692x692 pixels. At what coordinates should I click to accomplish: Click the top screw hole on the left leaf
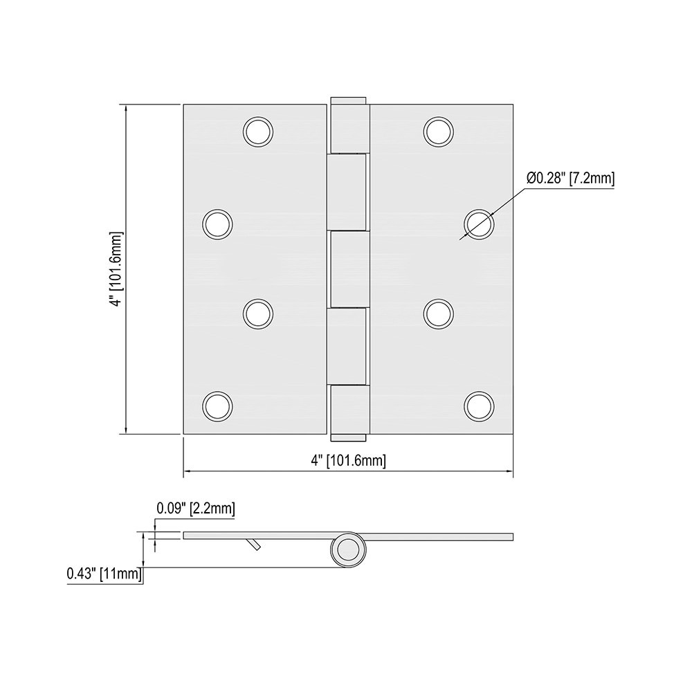tap(258, 131)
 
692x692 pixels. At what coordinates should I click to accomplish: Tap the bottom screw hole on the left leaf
tap(217, 406)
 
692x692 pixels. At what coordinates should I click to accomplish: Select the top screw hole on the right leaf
tap(439, 131)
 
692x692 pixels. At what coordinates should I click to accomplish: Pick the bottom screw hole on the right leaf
tap(479, 406)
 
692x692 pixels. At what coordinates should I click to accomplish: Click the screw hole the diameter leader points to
tap(479, 224)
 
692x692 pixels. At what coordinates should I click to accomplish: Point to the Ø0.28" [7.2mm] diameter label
tap(570, 179)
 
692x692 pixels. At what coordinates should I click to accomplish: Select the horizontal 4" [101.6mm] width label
tap(348, 460)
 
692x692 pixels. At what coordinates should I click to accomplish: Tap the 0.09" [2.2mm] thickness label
tap(195, 509)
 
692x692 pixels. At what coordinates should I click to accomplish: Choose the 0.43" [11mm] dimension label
tap(104, 574)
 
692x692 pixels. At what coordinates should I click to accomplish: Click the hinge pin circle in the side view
tap(347, 551)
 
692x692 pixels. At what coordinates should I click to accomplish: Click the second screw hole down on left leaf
tap(217, 224)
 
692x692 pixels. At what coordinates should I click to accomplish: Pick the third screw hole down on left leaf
tap(258, 313)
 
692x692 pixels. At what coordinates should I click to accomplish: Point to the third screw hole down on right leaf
tap(439, 313)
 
